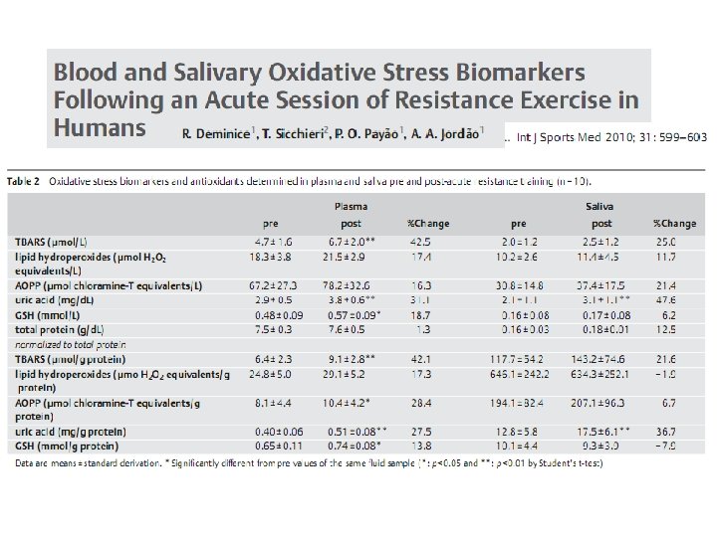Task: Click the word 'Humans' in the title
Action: (x=100, y=127)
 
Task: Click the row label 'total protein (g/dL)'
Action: (x=62, y=328)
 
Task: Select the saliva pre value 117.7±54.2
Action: (x=519, y=358)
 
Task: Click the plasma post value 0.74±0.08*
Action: (x=354, y=448)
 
